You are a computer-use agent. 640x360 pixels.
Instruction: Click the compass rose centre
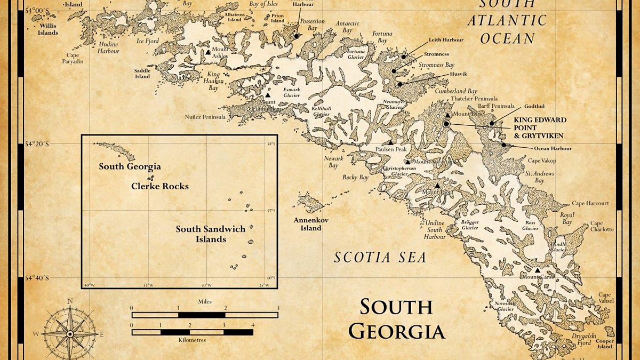coord(70,333)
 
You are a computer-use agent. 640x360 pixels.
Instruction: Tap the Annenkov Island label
coord(307,224)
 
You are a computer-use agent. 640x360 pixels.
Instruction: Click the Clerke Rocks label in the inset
coord(160,187)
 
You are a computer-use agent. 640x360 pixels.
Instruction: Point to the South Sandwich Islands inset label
coord(211,234)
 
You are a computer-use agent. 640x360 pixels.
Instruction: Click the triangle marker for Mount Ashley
coord(208,52)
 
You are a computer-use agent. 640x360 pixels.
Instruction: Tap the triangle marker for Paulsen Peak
coord(390,142)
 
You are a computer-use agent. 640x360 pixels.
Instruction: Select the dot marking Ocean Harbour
coord(503,144)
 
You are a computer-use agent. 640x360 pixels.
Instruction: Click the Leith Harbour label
coord(446,40)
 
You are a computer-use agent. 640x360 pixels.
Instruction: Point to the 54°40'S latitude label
coord(37,278)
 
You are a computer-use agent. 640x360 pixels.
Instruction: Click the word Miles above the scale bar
coord(205,302)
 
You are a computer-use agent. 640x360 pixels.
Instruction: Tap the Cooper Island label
coord(605,343)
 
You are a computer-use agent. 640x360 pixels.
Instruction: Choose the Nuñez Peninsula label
coord(205,116)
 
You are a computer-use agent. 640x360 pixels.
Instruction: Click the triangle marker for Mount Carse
coord(537,270)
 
